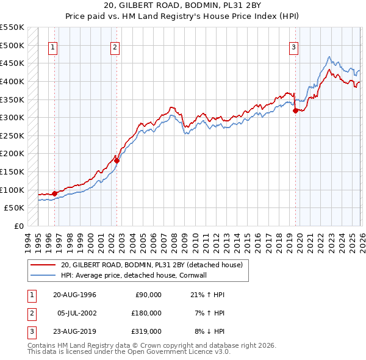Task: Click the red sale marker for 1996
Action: (x=54, y=193)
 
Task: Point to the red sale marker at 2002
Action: (x=117, y=161)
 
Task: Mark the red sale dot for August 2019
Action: (x=295, y=111)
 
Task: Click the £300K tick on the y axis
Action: (x=13, y=117)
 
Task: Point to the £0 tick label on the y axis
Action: (x=20, y=226)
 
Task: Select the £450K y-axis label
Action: (x=13, y=63)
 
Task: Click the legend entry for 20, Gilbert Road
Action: (x=152, y=265)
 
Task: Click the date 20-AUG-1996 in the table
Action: (x=74, y=295)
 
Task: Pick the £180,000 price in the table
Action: (x=147, y=313)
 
